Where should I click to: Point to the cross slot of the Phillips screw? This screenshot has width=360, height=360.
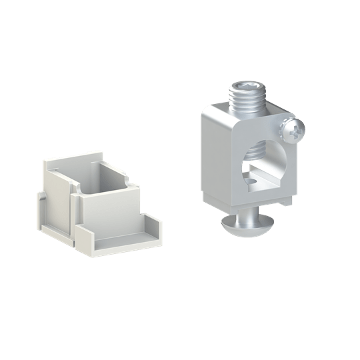tap(294, 129)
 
